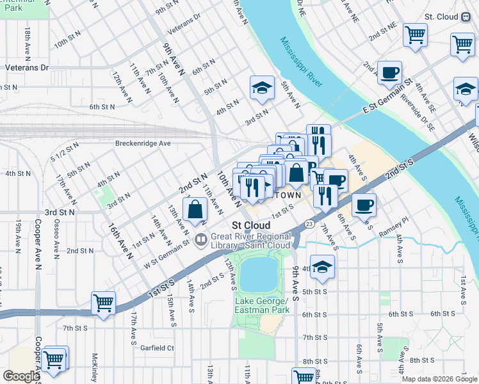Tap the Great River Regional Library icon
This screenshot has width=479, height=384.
pos(200,240)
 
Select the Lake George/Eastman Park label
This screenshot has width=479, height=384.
pos(262,306)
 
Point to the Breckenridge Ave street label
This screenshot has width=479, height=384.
pos(142,143)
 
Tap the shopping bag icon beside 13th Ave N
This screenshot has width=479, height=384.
pos(195,209)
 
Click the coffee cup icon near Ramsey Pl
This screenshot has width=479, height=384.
pos(364,205)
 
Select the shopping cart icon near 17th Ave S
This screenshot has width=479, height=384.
pos(103,303)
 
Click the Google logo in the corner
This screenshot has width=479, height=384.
pos(20,376)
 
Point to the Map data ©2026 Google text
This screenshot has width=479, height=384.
pos(439,379)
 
